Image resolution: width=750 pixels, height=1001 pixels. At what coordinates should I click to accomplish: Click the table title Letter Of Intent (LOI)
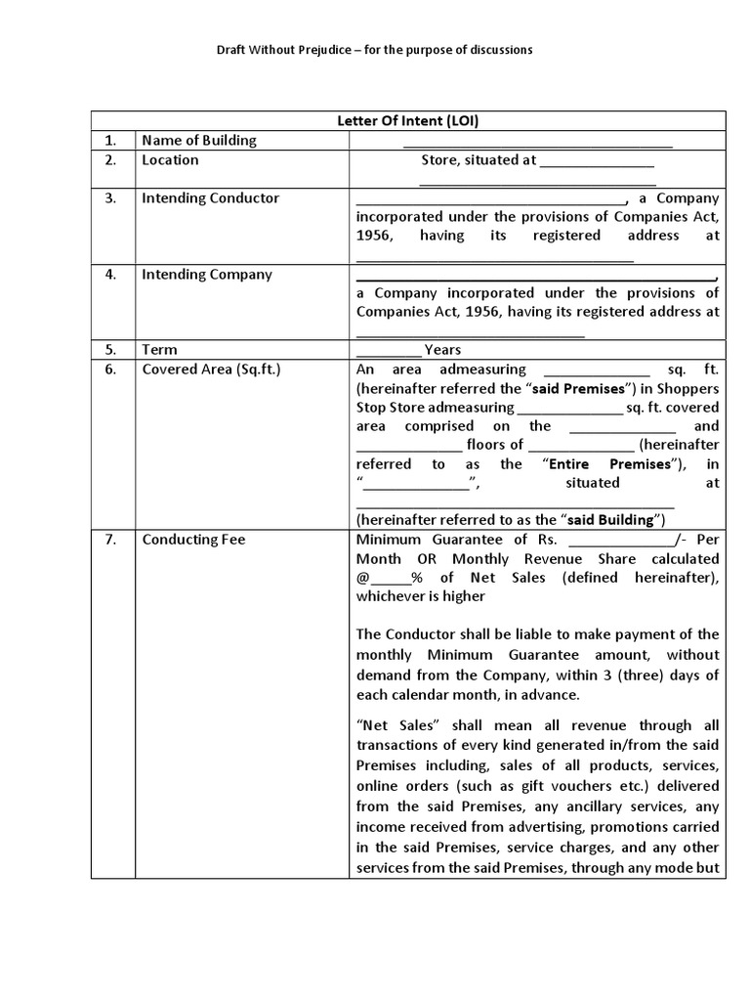coord(408,121)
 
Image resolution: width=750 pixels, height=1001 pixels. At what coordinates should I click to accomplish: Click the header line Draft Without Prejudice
coord(374,50)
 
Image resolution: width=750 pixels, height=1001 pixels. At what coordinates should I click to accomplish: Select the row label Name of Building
coord(199,140)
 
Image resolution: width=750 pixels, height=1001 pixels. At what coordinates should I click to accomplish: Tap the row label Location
coord(170,159)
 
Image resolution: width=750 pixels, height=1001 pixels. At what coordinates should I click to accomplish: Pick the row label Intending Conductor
coord(210,197)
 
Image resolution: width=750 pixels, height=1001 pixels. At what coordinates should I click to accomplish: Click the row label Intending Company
coord(207,274)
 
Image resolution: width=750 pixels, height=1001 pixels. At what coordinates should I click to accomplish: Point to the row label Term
coord(159,349)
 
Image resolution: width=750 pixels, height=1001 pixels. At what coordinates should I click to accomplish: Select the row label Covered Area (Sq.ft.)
coord(211,369)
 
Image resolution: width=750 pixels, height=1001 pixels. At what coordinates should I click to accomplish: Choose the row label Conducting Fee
coord(193,539)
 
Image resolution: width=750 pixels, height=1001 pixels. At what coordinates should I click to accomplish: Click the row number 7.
coord(111,539)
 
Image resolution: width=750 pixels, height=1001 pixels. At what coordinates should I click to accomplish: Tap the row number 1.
coord(111,140)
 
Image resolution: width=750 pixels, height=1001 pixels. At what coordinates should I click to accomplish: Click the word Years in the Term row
coord(442,349)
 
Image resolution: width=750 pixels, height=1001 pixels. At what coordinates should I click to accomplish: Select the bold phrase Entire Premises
coord(608,463)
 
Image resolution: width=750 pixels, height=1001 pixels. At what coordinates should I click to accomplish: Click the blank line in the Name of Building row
coord(538,143)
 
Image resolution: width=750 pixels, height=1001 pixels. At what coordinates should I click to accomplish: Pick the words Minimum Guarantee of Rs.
coord(456,539)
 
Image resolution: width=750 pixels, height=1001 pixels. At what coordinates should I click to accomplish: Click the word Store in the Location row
coord(440,159)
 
